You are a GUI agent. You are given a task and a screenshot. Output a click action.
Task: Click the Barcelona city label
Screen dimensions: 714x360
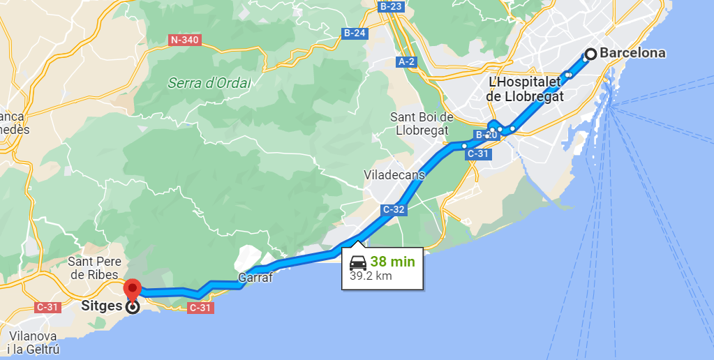(x=632, y=53)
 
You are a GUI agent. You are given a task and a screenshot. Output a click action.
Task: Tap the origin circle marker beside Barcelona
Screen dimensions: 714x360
(x=590, y=54)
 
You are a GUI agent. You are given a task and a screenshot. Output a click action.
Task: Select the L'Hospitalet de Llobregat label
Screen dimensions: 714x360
(x=525, y=90)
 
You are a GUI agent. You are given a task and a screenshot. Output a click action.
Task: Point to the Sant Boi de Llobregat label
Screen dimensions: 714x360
(x=422, y=123)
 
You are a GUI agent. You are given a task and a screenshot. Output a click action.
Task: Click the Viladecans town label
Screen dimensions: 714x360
(x=394, y=174)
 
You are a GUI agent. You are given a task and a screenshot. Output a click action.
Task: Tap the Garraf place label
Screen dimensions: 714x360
(x=255, y=277)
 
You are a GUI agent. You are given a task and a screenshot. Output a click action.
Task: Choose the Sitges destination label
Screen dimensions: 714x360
(x=102, y=306)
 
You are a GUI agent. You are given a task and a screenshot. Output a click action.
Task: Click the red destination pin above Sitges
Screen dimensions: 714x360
(x=132, y=289)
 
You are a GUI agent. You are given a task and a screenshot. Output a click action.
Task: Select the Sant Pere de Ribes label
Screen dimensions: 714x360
(x=94, y=268)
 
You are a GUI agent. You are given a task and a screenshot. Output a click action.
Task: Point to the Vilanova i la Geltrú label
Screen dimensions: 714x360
(x=34, y=343)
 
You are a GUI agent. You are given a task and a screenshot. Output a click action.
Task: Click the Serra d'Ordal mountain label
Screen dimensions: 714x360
(x=209, y=83)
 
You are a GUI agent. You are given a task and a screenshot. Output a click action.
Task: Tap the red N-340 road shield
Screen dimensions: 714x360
(x=185, y=40)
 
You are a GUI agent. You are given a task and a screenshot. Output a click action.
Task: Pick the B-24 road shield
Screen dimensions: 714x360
(x=355, y=33)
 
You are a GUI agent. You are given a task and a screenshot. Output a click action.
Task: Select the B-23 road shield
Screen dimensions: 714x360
(x=391, y=6)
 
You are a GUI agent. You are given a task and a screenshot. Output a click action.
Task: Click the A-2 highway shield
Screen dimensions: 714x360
(x=407, y=61)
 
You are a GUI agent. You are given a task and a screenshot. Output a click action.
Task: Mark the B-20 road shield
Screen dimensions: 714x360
(x=486, y=135)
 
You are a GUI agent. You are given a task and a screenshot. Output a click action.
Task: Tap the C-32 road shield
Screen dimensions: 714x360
(x=394, y=209)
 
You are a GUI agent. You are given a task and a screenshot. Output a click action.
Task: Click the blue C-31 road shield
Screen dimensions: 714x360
(x=479, y=153)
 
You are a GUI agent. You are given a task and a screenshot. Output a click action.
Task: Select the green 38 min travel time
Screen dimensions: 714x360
(x=392, y=262)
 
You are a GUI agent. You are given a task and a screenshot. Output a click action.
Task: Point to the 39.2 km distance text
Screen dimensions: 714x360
(x=371, y=276)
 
